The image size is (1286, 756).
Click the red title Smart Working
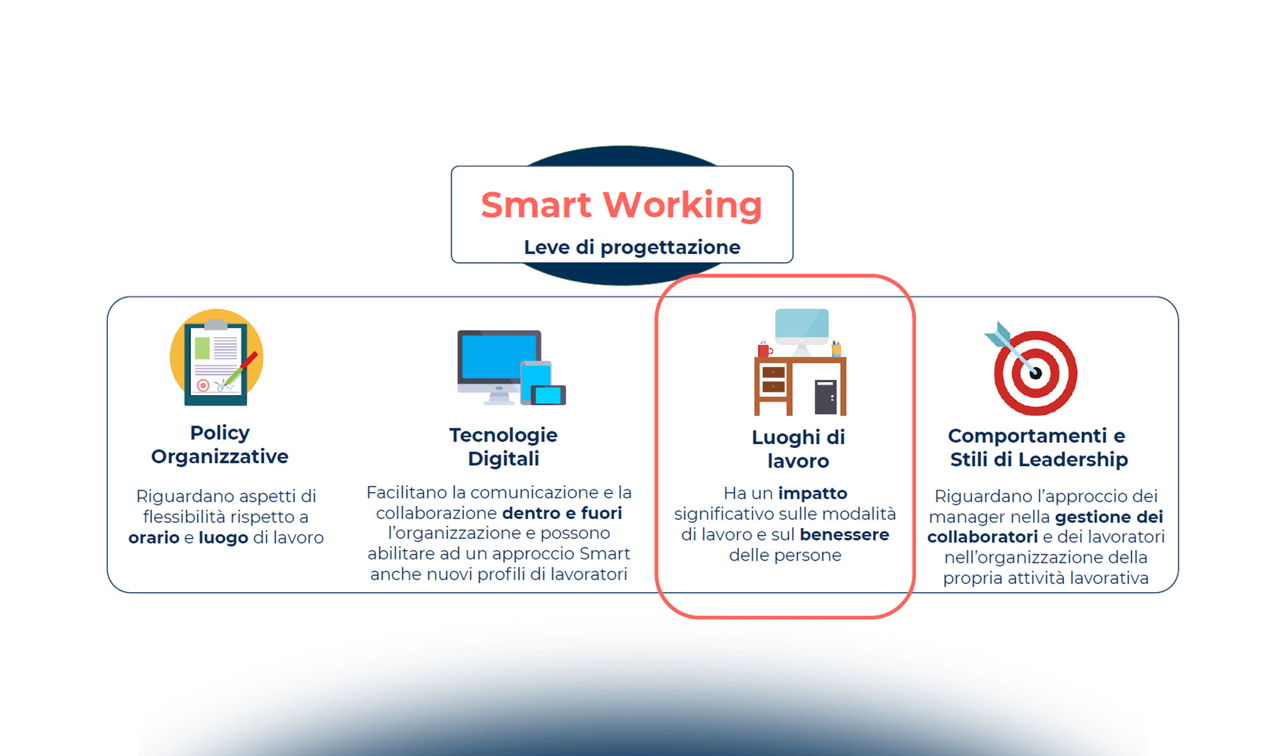(622, 205)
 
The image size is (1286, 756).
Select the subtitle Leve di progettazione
(632, 247)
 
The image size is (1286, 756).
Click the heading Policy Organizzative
(219, 444)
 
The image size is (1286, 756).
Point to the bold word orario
(154, 537)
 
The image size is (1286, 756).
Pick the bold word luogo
(223, 538)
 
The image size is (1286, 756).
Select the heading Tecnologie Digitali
(503, 447)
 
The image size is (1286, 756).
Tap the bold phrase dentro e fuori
(562, 513)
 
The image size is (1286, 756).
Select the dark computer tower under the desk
(826, 397)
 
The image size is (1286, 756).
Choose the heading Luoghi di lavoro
(798, 449)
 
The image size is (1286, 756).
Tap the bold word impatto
(813, 493)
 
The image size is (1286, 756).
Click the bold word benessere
(845, 534)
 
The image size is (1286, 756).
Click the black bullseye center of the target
(1036, 373)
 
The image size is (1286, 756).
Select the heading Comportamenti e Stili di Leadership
(1038, 447)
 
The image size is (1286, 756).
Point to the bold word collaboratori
(982, 537)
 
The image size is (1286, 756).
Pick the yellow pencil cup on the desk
(837, 348)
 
